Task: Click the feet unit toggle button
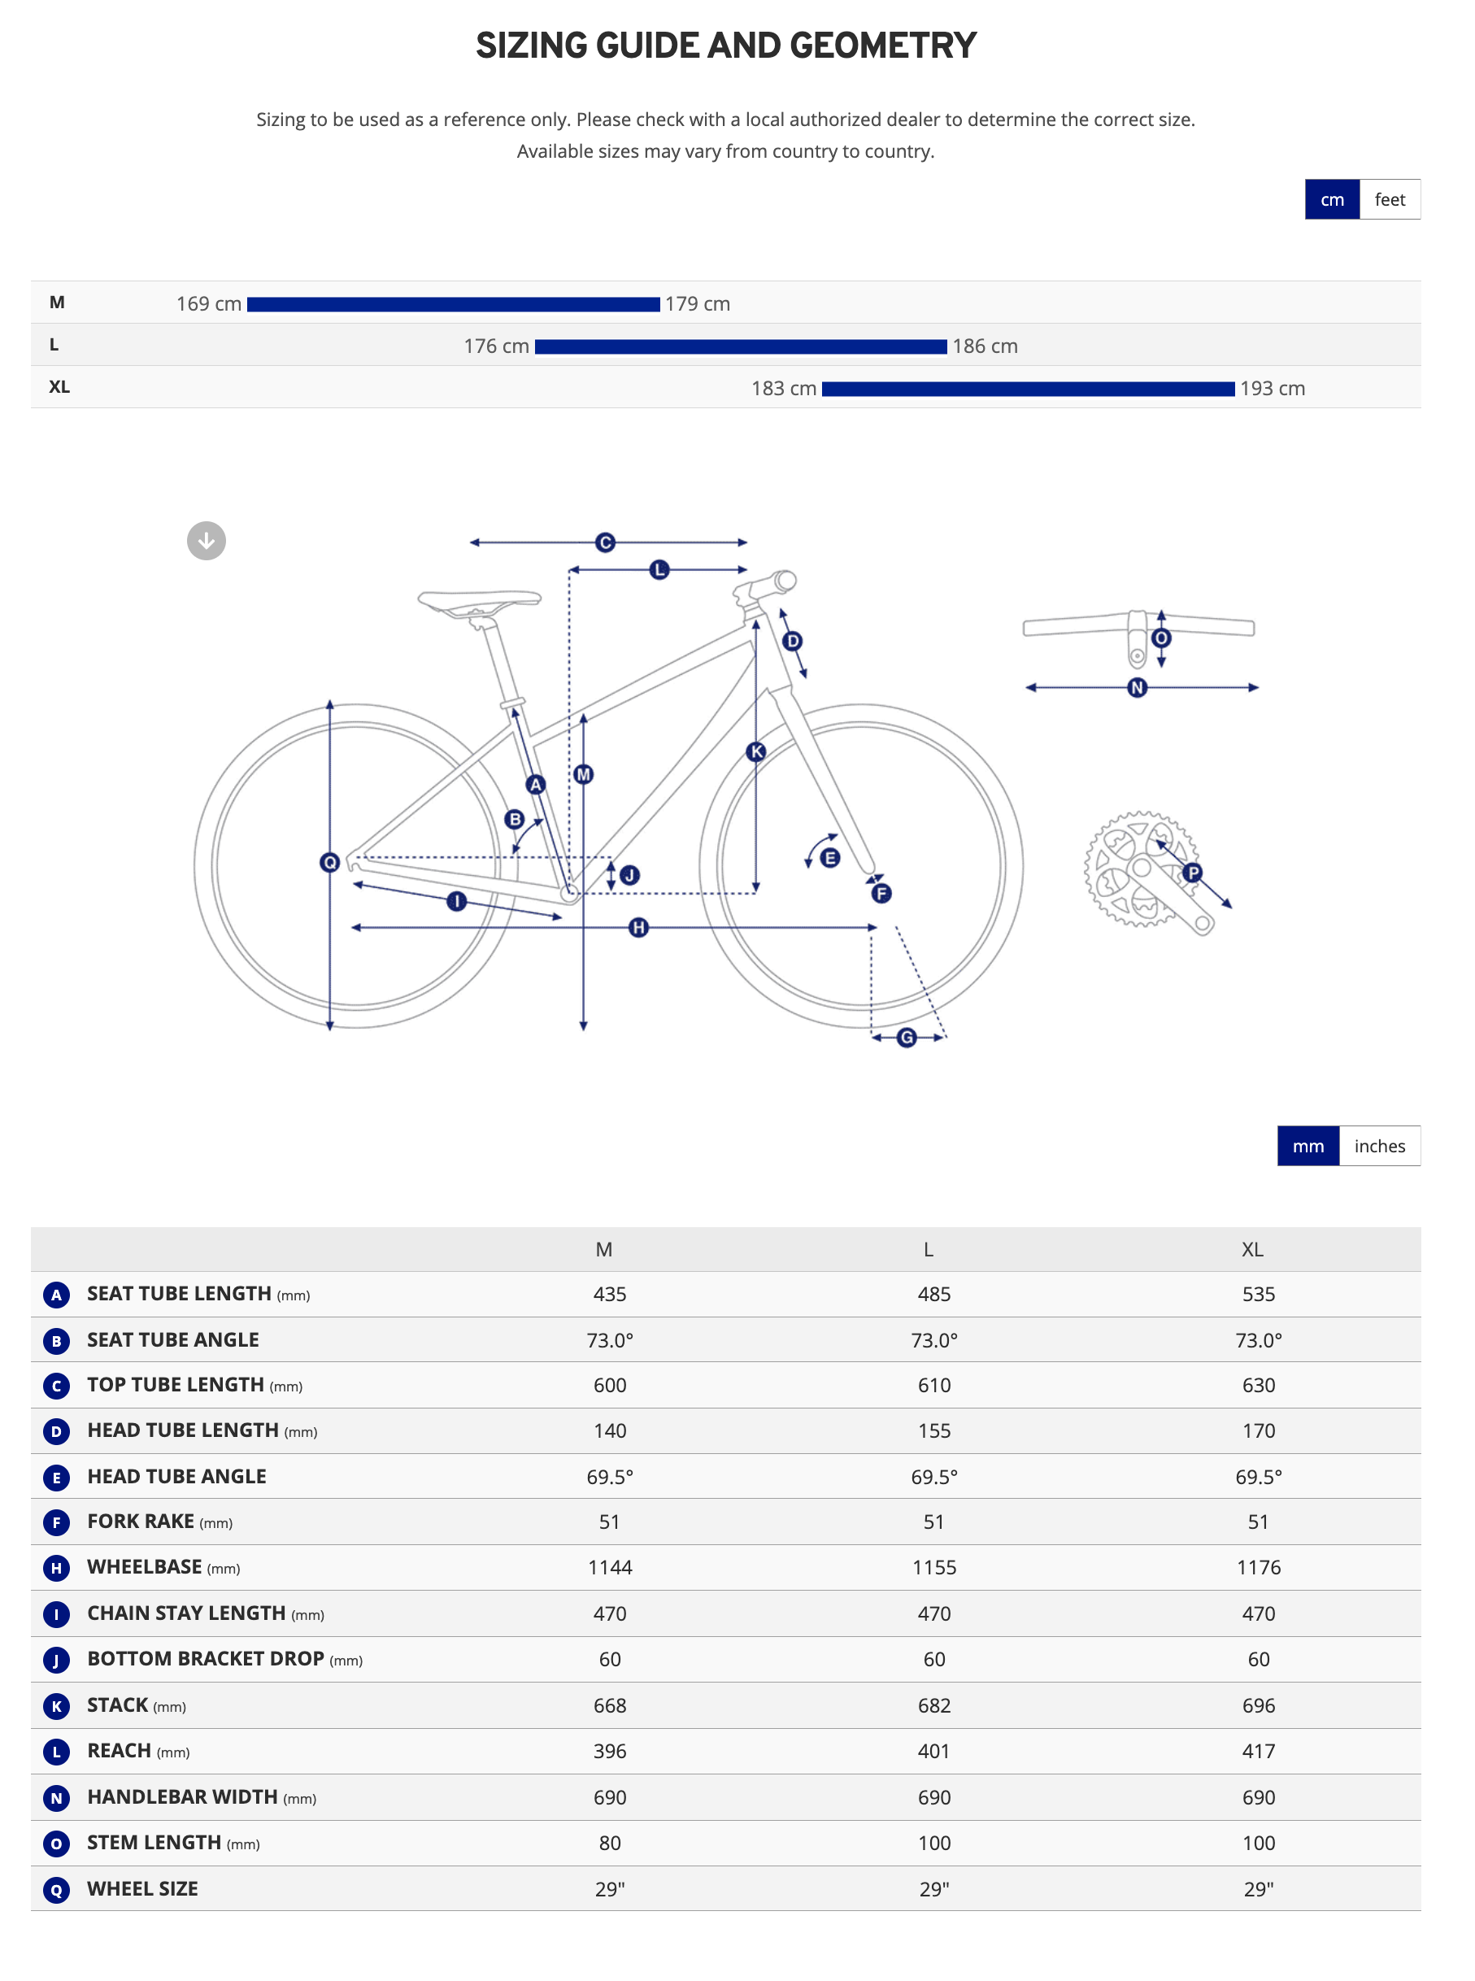1390,199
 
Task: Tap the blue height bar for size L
740,346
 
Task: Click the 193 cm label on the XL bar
1272,389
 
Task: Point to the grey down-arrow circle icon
207,541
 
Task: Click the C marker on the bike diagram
605,542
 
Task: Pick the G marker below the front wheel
907,1038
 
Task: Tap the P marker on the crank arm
1192,873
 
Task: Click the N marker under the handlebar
1137,687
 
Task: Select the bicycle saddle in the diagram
480,601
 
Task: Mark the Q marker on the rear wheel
329,862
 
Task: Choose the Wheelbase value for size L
934,1567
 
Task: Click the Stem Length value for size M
610,1843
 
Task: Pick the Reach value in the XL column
1258,1751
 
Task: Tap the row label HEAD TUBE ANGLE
176,1477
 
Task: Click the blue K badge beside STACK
56,1706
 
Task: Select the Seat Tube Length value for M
610,1294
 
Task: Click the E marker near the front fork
829,858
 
